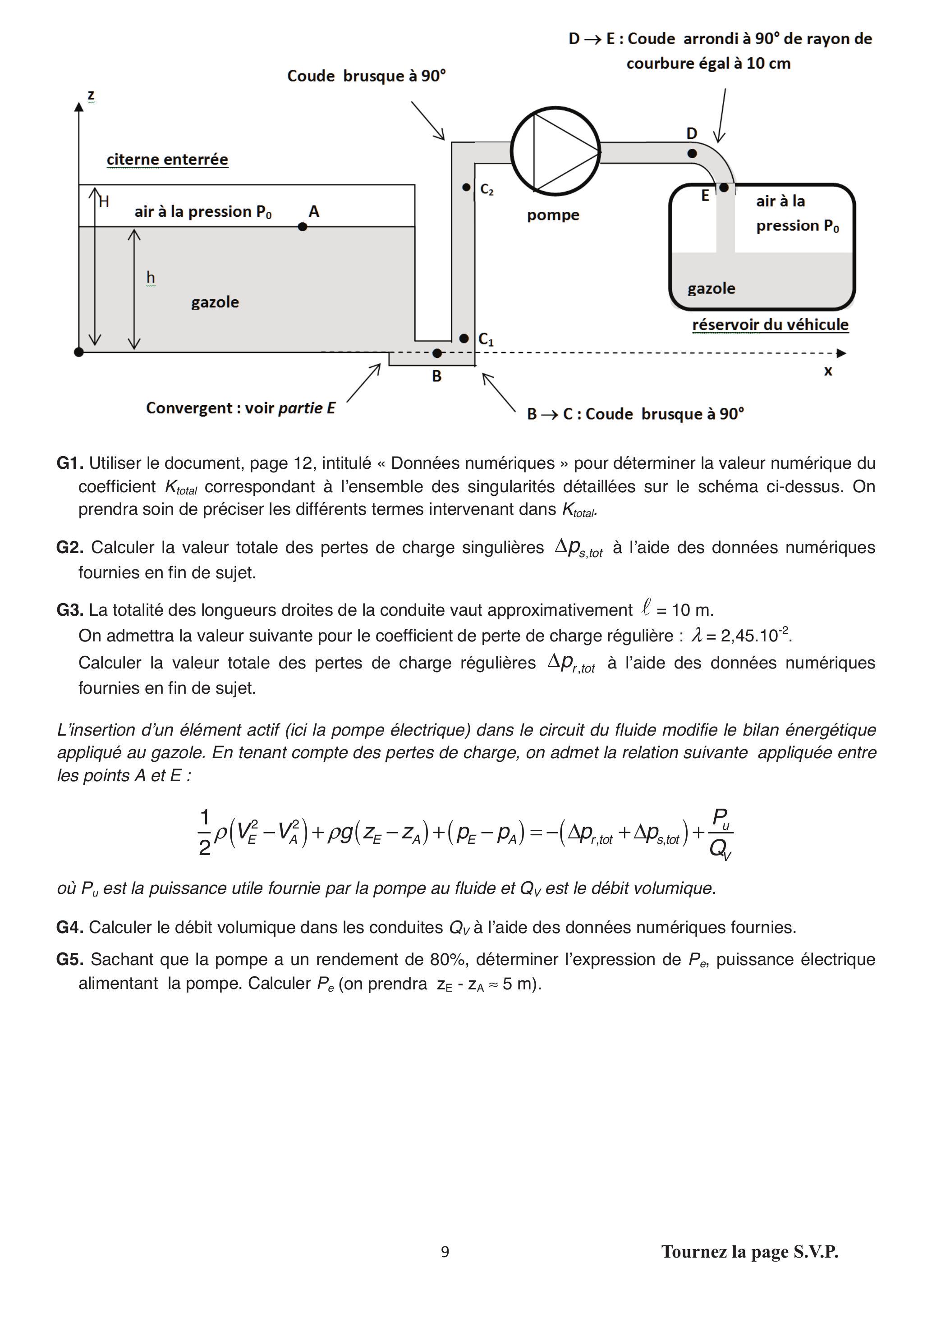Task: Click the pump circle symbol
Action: click(556, 151)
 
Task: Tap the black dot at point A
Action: click(303, 227)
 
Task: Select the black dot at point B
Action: click(437, 353)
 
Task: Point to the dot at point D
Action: click(692, 153)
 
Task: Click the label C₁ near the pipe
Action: click(486, 339)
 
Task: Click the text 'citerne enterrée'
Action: click(167, 160)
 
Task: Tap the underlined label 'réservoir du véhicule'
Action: click(770, 325)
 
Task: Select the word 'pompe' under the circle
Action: click(553, 215)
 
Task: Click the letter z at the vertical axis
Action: click(91, 95)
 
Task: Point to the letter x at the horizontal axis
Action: click(827, 371)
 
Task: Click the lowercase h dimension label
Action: click(151, 278)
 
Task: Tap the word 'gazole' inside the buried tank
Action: click(215, 302)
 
